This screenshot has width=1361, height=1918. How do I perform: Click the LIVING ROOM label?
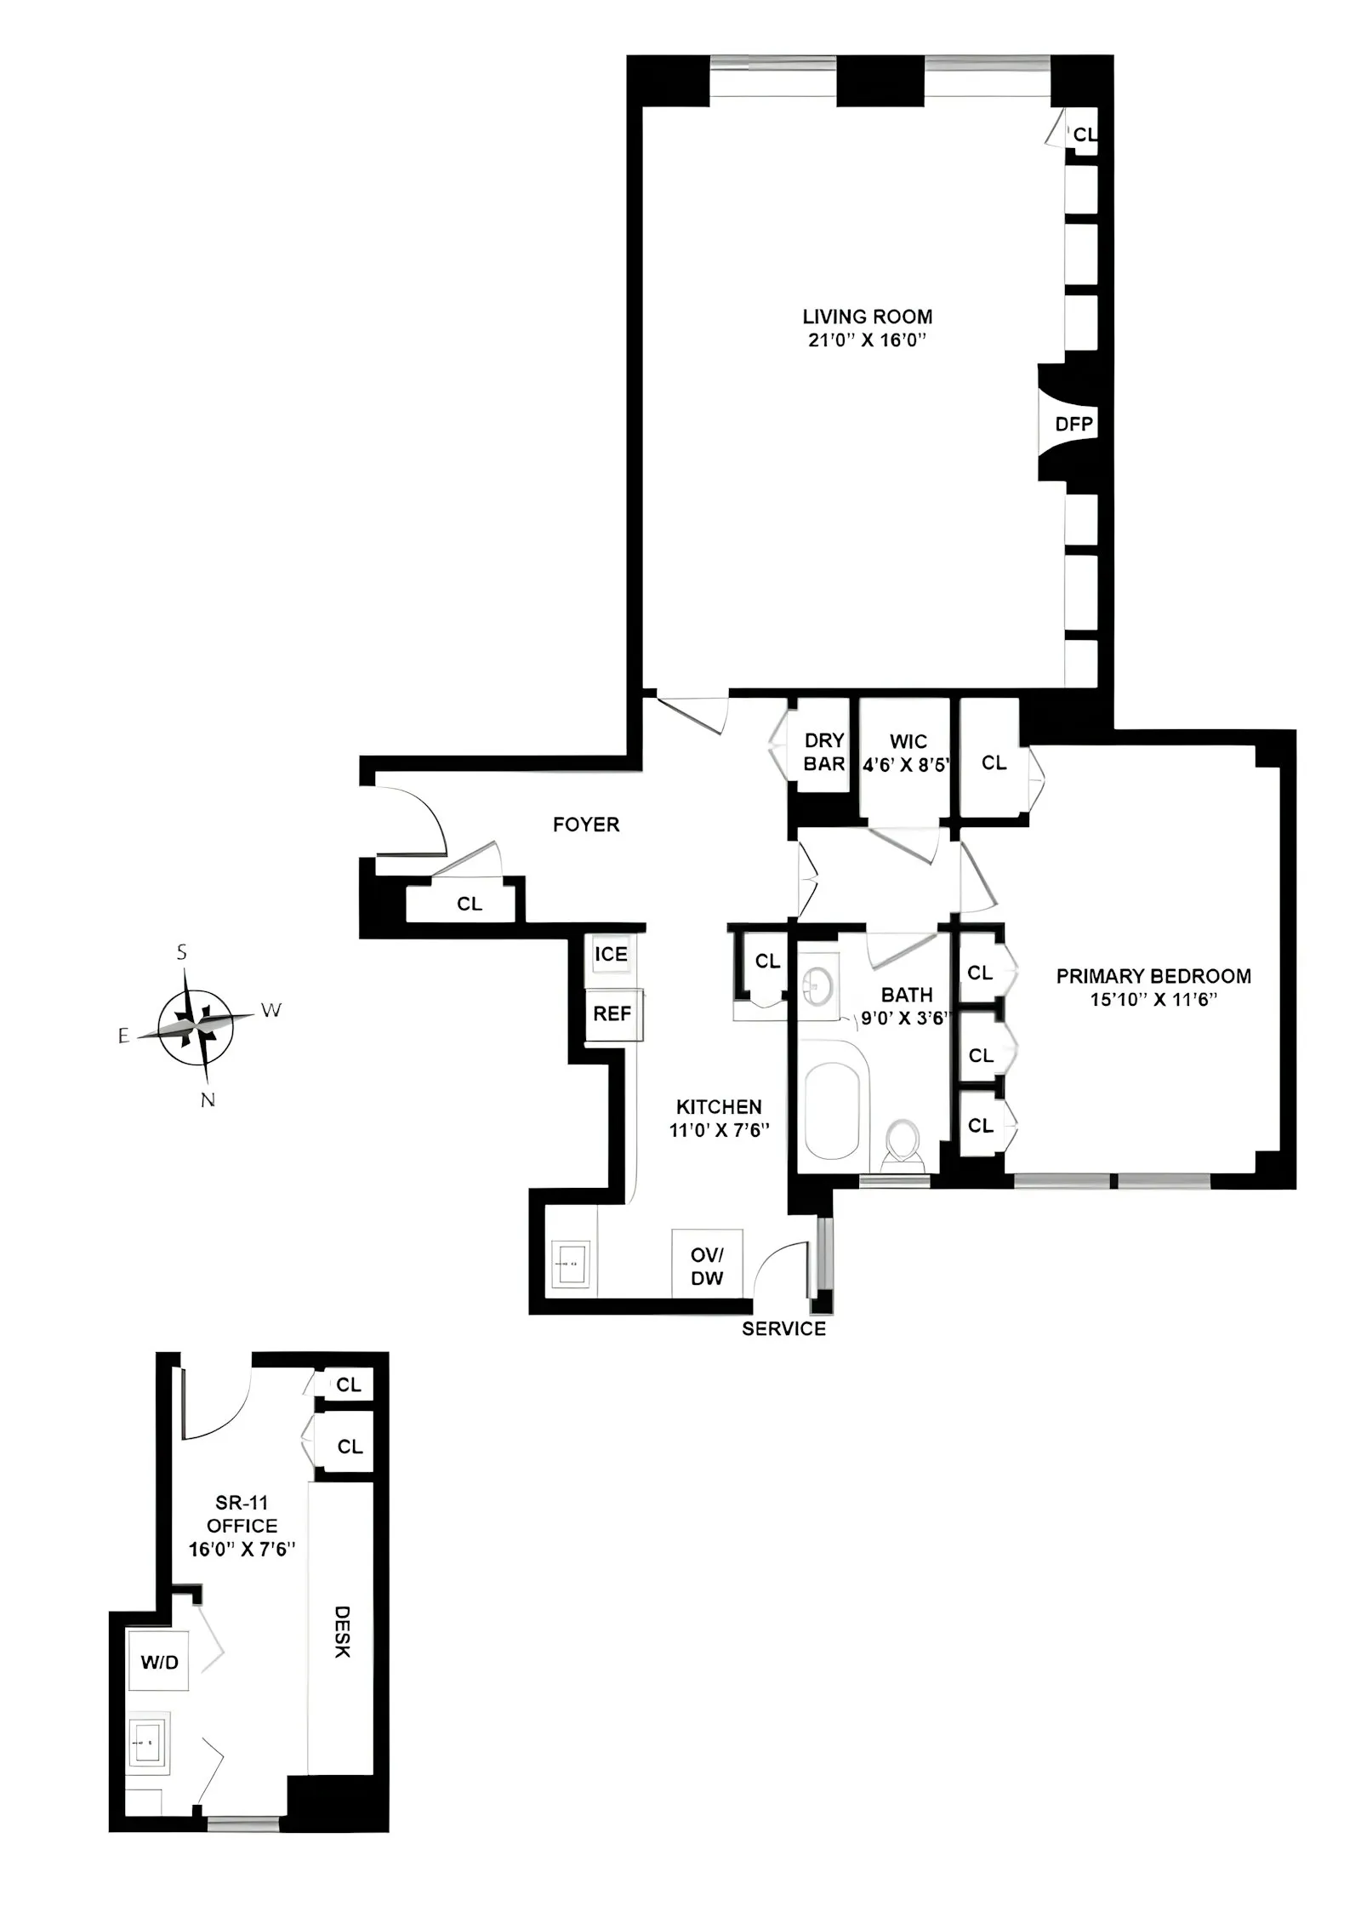[x=867, y=317]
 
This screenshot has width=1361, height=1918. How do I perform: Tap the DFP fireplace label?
[x=1073, y=424]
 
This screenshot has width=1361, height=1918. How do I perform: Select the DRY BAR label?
[x=823, y=752]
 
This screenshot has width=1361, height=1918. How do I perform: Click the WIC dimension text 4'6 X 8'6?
[x=907, y=765]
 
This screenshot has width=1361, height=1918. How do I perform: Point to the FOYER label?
[x=586, y=825]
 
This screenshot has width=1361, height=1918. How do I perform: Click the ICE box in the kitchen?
[x=611, y=954]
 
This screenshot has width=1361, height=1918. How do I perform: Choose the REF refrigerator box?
[x=612, y=1014]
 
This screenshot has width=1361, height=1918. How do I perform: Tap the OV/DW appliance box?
[x=707, y=1267]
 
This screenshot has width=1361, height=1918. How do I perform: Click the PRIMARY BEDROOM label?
[x=1153, y=976]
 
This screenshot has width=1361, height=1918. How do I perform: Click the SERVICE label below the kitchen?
[x=783, y=1329]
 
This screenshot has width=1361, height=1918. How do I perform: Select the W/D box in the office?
[x=159, y=1663]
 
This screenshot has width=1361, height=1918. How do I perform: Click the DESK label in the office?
[x=341, y=1632]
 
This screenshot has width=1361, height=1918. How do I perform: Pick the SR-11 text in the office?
[x=242, y=1503]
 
